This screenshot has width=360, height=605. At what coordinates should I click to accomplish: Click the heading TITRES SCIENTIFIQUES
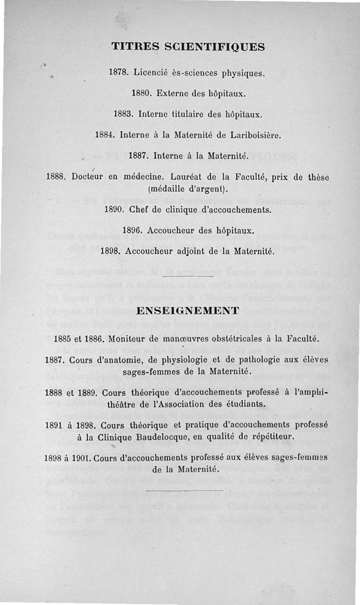tap(187, 46)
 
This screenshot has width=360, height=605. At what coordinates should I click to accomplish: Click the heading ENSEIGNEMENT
tap(187, 310)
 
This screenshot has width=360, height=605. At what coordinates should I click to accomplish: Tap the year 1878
tap(118, 73)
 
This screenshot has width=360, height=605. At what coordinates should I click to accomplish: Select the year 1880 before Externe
tap(140, 94)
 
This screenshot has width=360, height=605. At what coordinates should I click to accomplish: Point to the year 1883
tap(123, 115)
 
